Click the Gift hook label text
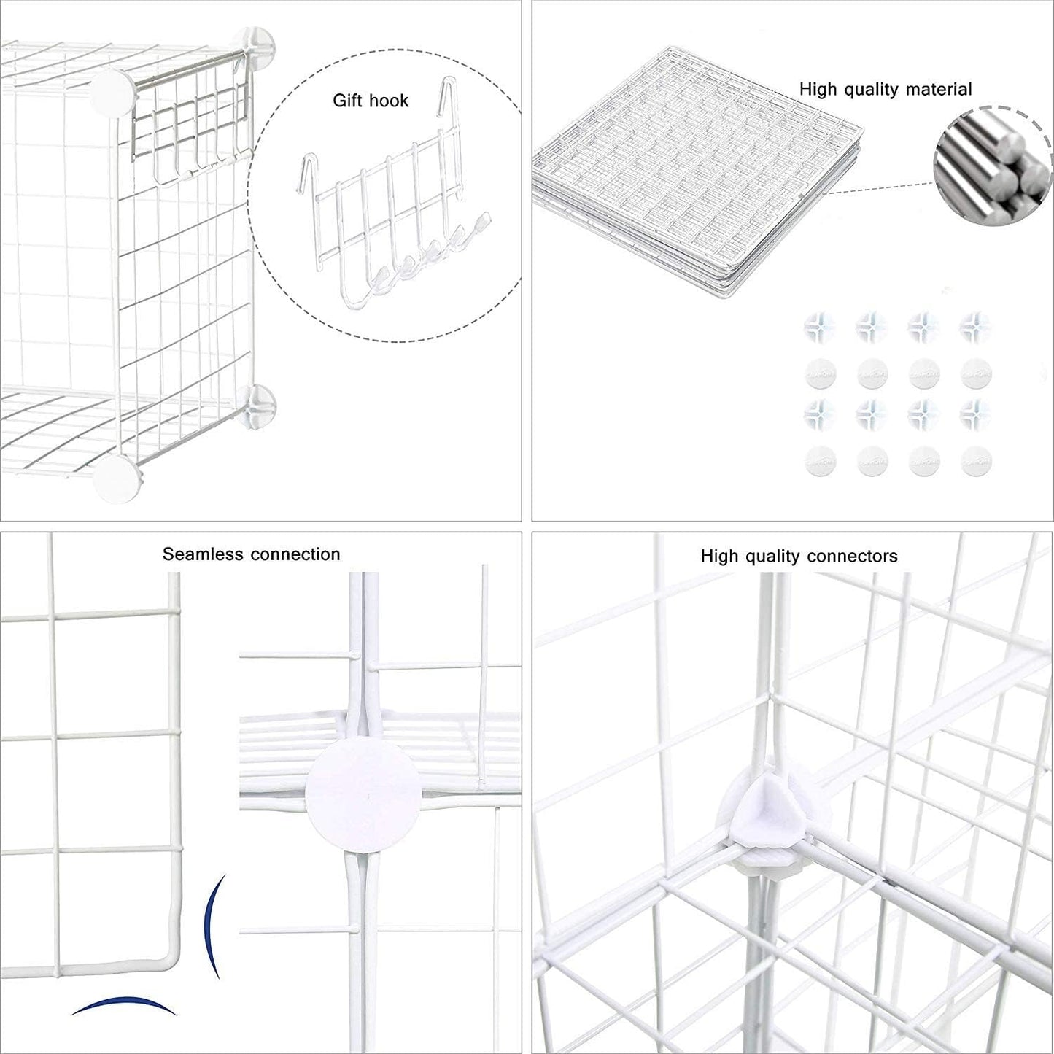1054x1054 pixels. click(x=371, y=101)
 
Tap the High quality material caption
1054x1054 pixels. click(x=885, y=90)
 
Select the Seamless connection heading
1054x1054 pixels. click(x=251, y=554)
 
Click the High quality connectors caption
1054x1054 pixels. click(x=799, y=557)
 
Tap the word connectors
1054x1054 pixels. click(x=853, y=557)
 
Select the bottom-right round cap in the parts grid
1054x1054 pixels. click(x=976, y=461)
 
